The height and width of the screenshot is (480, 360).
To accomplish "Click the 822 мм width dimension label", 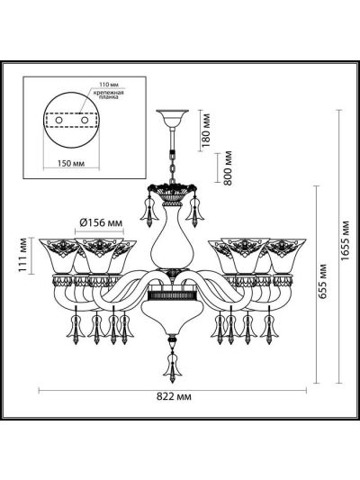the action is [174, 397].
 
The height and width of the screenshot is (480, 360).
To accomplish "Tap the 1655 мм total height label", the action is [346, 240].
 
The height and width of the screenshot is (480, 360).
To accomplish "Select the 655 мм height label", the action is [322, 281].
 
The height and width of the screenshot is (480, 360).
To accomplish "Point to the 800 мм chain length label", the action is [228, 168].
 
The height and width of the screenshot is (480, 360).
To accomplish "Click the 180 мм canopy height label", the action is [206, 130].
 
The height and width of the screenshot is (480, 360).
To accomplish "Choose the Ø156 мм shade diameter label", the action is [101, 222].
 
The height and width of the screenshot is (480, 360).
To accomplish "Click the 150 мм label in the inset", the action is [71, 163].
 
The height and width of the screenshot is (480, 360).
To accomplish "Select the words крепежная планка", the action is [108, 95].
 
